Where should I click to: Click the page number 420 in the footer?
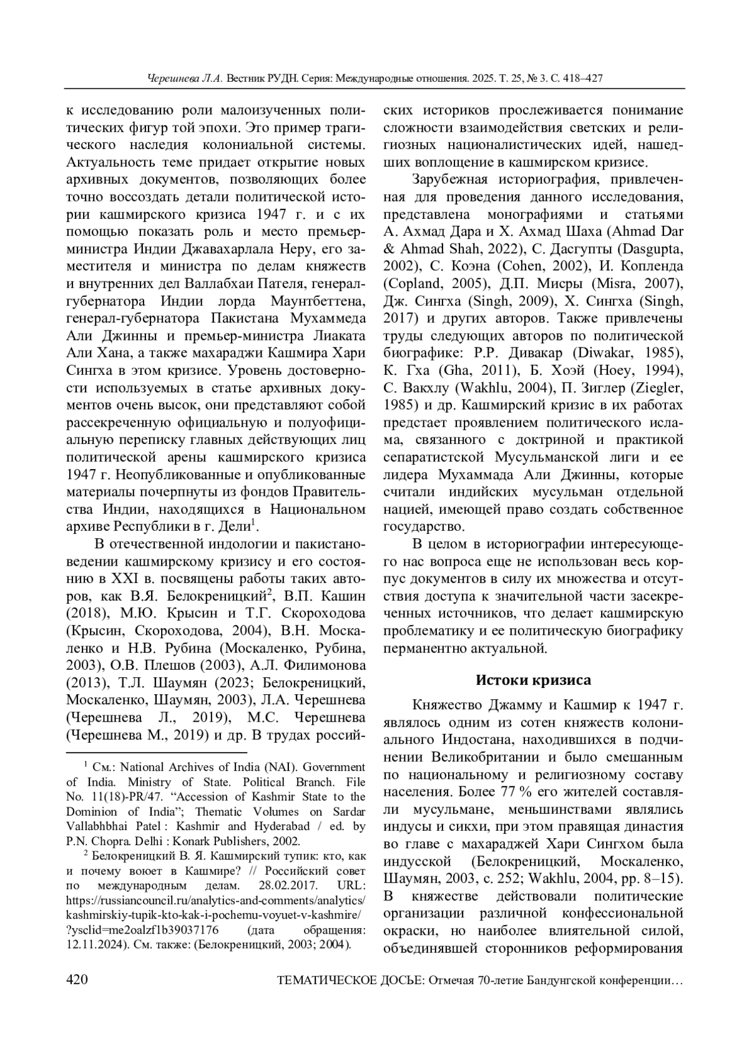tap(77, 980)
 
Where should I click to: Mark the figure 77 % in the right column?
tap(496, 792)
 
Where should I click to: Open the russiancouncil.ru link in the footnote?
tap(215, 901)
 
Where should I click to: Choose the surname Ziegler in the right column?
tap(658, 388)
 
